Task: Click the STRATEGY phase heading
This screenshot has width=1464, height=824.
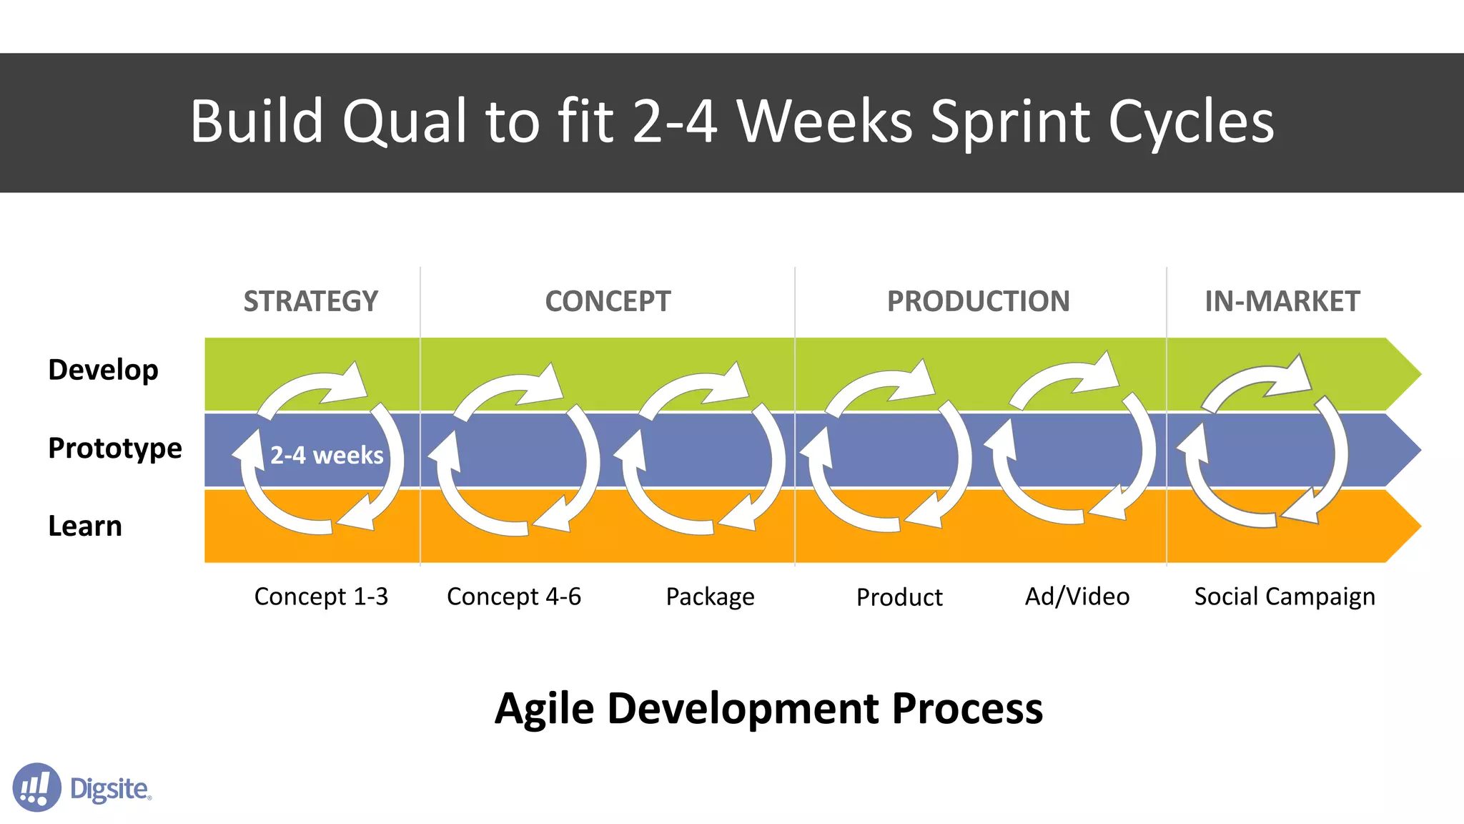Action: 310,301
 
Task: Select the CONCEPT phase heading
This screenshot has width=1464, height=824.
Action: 608,301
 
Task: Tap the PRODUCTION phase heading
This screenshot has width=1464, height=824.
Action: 978,301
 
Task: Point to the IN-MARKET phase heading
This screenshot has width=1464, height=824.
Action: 1282,301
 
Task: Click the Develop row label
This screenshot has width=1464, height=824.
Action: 103,371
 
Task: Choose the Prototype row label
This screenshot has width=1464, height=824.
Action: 114,448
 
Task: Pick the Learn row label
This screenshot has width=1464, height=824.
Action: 84,526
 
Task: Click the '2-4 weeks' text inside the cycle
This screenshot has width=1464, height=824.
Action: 327,455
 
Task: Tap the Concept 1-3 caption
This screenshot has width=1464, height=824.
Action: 321,597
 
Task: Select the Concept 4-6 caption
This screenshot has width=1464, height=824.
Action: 513,597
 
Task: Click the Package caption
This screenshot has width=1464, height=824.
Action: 710,597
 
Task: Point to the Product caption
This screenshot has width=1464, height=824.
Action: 899,597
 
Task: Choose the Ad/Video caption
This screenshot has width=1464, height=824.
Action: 1077,597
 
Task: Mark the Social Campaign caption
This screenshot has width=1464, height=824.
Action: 1285,597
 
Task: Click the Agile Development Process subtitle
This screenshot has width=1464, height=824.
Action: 768,709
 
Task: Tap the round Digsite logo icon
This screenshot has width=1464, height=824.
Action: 36,787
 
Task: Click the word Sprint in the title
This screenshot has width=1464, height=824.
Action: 1011,122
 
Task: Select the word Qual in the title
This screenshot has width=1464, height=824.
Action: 405,122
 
